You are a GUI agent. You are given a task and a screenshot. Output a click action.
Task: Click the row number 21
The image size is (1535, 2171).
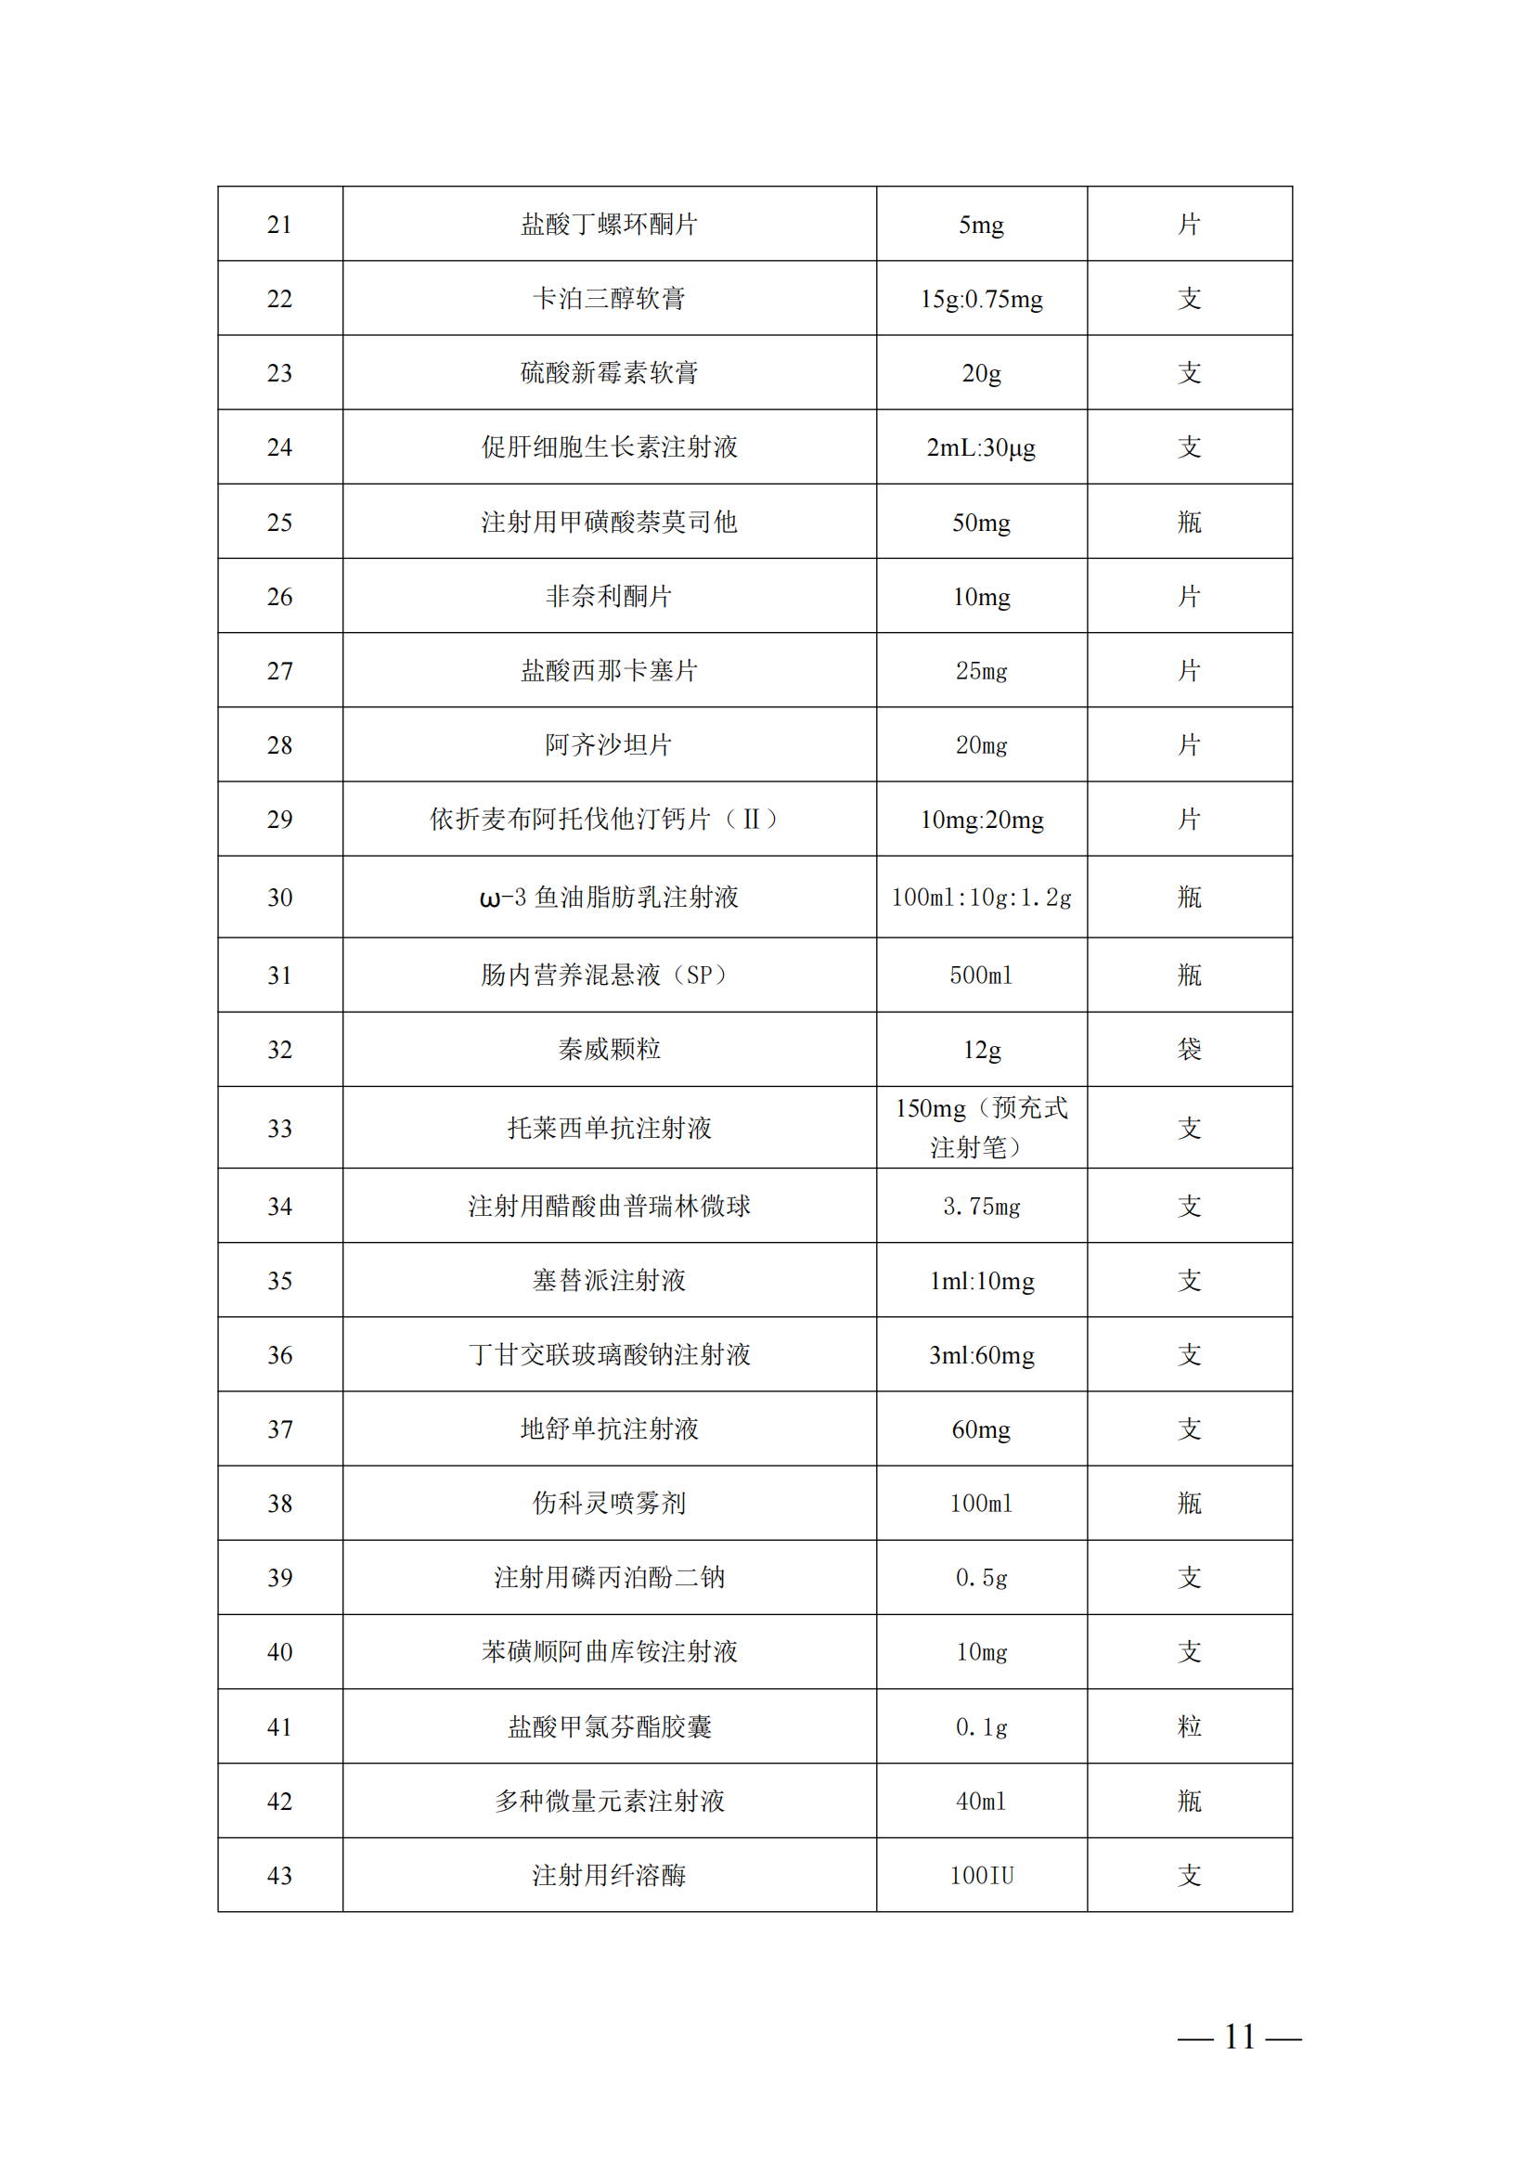coord(279,225)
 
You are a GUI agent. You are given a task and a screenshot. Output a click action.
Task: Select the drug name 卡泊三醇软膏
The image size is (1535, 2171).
coord(609,299)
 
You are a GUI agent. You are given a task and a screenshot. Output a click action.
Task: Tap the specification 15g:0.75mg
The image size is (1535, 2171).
coord(981,300)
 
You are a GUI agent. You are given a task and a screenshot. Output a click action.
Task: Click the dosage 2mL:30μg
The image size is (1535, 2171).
coord(981,447)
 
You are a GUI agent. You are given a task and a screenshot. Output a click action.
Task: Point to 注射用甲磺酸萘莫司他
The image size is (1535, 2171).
coord(609,522)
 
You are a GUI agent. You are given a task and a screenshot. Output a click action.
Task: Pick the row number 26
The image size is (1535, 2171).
coord(279,597)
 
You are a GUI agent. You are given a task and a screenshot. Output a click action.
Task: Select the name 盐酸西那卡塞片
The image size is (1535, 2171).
coord(609,670)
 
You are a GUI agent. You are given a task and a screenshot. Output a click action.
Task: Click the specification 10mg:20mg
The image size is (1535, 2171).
coord(981,820)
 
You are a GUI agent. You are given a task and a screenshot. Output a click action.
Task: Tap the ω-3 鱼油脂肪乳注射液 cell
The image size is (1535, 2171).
coord(609,898)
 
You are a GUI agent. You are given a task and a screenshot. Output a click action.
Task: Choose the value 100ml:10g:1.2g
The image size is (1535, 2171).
coord(981,898)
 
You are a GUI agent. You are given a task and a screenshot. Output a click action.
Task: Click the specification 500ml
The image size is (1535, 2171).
coord(981,975)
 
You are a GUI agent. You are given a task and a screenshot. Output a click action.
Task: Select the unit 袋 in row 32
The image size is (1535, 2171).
coord(1189,1049)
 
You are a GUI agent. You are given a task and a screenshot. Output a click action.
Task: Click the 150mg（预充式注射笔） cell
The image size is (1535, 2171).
coord(981,1127)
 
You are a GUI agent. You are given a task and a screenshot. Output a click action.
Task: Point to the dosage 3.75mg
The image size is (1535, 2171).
coord(981,1207)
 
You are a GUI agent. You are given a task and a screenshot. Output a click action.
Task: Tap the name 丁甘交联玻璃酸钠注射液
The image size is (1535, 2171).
coord(609,1355)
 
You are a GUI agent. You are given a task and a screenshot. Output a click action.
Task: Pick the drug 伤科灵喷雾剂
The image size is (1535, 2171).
coord(609,1504)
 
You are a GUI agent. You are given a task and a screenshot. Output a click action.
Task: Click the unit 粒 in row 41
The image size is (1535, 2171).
coord(1189,1726)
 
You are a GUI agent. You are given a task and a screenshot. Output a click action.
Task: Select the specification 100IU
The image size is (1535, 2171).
coord(981,1876)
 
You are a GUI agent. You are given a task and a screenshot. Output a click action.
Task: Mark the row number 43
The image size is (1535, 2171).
coord(279,1876)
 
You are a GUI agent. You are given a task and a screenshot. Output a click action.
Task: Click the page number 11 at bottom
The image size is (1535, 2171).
coord(1239,2036)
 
